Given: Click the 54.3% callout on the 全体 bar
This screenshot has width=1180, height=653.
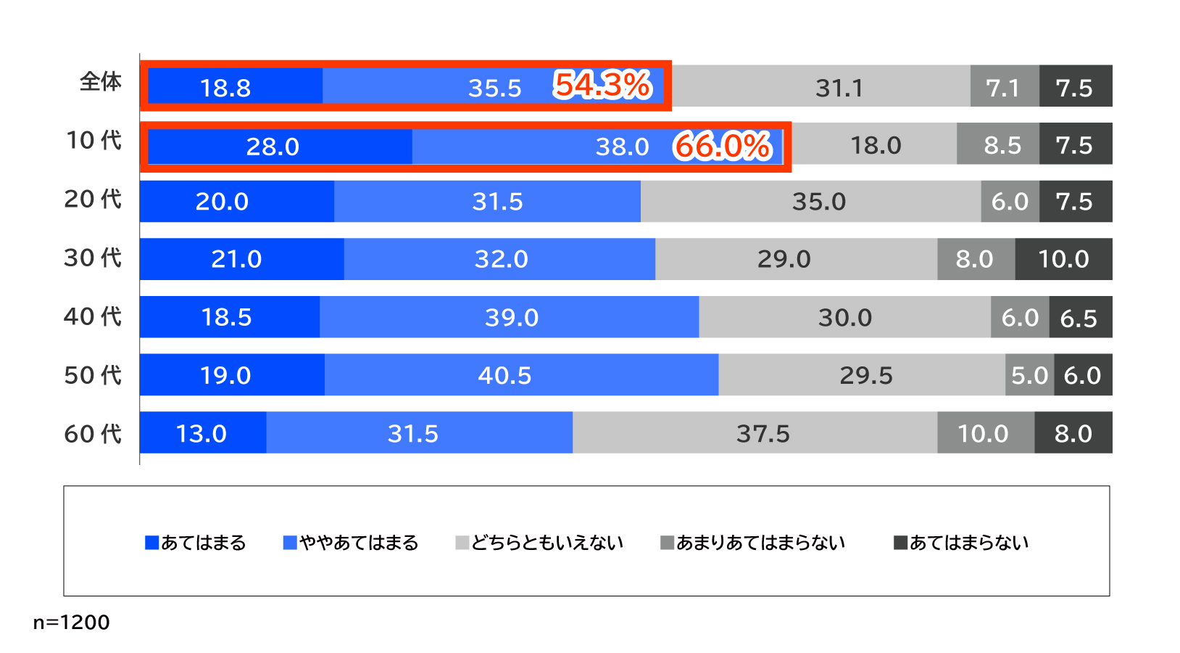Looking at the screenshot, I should tap(602, 85).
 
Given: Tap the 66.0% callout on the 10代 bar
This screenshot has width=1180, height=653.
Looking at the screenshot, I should tap(723, 146).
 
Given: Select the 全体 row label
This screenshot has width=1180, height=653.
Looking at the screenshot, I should tap(100, 81).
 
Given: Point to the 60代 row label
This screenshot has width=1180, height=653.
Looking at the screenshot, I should tap(92, 434).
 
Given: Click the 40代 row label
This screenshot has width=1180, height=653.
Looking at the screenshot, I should tap(92, 316).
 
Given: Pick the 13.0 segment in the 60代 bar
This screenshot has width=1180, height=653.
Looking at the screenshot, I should tap(202, 433).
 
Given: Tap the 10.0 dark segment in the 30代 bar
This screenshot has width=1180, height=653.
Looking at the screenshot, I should tap(1063, 259).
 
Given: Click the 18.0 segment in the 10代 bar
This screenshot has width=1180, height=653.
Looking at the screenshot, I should tap(875, 145).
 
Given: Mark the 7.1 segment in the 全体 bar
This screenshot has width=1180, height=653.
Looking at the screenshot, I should tap(1004, 87).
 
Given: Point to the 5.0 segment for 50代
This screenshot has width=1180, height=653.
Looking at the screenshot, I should tap(1029, 375).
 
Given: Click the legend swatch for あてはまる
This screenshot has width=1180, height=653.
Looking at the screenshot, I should tap(152, 543).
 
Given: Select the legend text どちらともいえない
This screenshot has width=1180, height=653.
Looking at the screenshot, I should tap(547, 543).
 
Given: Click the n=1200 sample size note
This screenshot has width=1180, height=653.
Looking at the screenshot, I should tap(72, 622).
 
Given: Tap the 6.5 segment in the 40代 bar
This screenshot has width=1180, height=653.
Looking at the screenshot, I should tap(1080, 317).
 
